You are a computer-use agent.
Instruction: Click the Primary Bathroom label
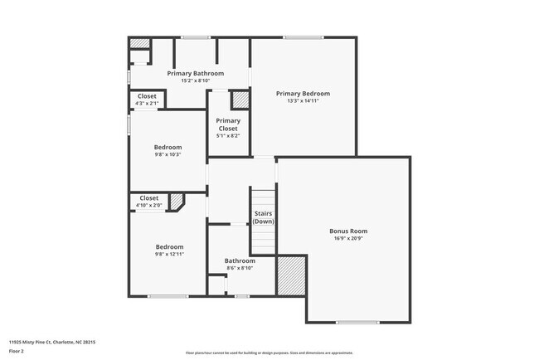point(195,73)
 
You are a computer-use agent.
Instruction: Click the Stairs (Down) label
point(264,217)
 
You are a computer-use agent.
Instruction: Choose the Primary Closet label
point(228,124)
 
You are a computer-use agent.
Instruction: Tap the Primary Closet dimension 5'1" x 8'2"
point(228,138)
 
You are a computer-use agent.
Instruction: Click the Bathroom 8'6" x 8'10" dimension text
point(240,268)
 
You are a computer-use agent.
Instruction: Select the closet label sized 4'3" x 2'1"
point(147,96)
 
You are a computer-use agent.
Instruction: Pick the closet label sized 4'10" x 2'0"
point(149,198)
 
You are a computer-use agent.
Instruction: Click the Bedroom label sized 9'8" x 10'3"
point(168,147)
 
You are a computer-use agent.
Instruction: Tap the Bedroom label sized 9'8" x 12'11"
point(169,247)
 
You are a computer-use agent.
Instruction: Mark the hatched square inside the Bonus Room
point(291,275)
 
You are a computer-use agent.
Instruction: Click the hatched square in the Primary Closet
point(240,100)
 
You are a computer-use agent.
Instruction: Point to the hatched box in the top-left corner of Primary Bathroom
point(139,43)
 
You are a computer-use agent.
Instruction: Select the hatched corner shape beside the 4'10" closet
point(176,202)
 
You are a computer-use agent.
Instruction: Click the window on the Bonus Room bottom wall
point(357,322)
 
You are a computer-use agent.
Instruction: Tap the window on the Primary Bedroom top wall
point(303,36)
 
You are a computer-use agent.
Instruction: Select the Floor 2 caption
point(17,351)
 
